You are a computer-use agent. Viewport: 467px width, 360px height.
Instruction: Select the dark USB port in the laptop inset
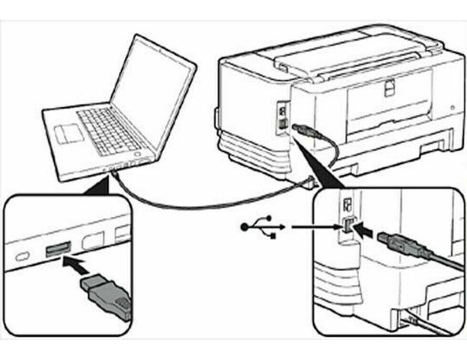point(58,250)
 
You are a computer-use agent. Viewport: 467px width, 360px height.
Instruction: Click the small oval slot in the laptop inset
point(24,254)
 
